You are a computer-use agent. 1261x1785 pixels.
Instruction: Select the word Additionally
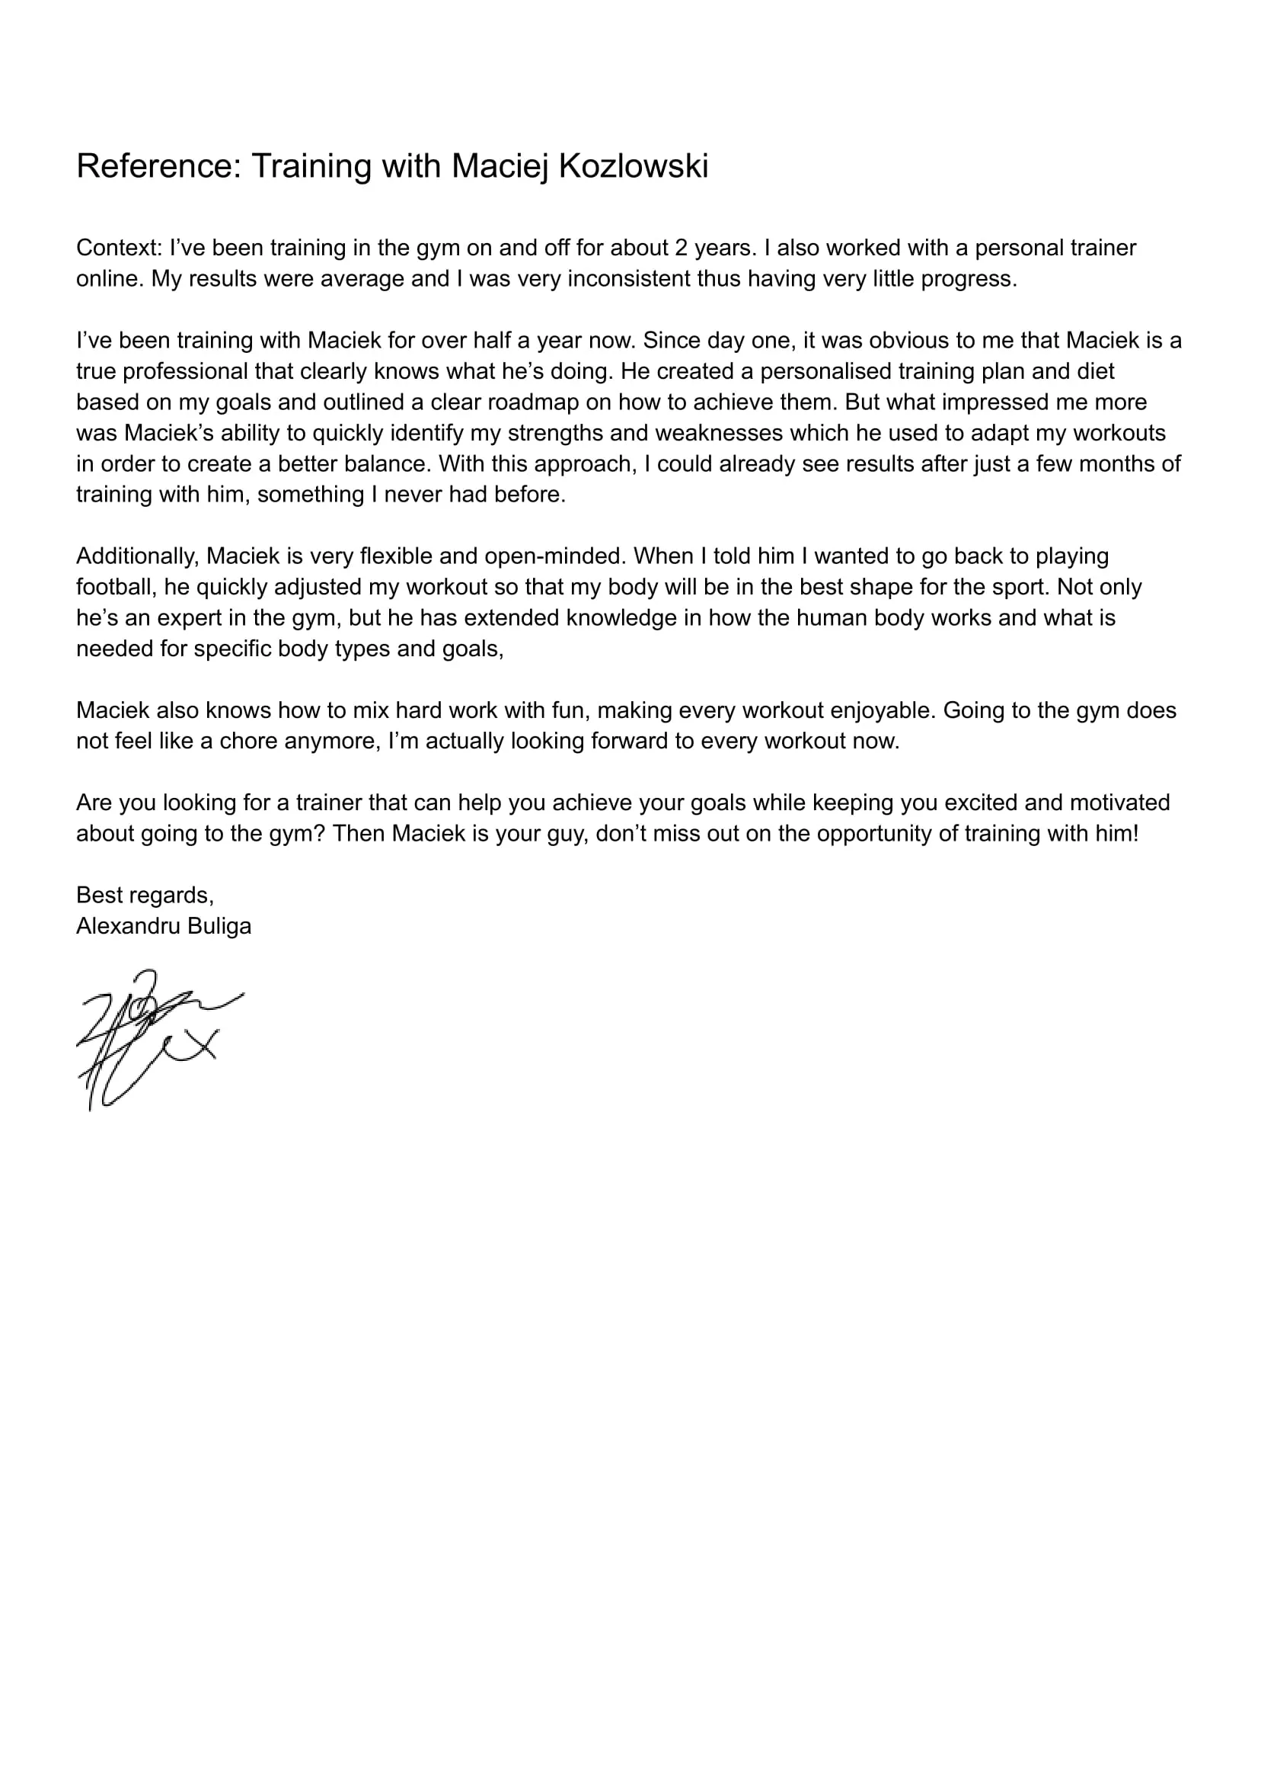[138, 556]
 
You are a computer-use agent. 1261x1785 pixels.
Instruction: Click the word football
[115, 587]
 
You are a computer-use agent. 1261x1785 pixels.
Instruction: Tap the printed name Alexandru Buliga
[164, 927]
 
